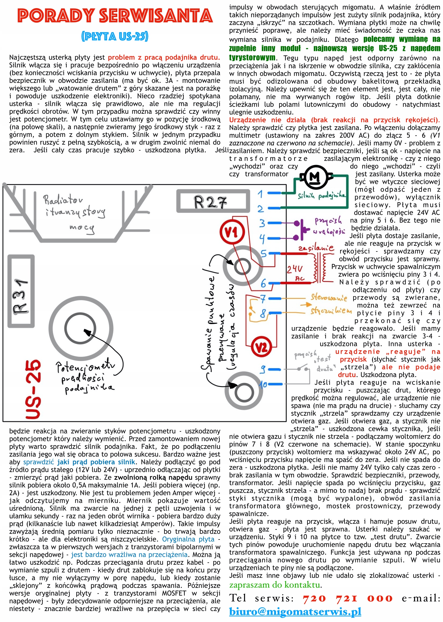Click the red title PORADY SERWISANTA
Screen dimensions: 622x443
[115, 16]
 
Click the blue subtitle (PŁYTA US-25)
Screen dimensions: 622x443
[115, 36]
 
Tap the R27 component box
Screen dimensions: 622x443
[213, 201]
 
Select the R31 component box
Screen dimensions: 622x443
[21, 291]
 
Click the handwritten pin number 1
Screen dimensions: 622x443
[260, 194]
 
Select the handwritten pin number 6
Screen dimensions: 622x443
[263, 283]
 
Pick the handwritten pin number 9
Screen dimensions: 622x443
[263, 369]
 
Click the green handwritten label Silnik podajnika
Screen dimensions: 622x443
[321, 196]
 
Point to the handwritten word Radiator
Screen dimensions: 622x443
[63, 200]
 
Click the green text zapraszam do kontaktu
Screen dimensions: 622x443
[275, 585]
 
